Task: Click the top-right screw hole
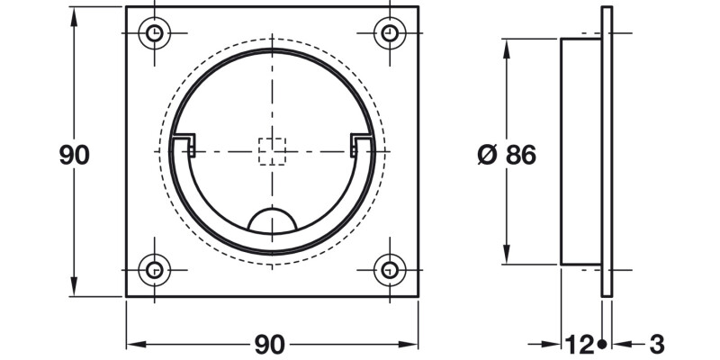pyautogui.click(x=389, y=34)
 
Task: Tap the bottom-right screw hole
pyautogui.click(x=389, y=268)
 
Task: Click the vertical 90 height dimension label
pyautogui.click(x=74, y=154)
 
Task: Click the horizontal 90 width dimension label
pyautogui.click(x=270, y=344)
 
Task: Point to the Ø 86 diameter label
pyautogui.click(x=507, y=155)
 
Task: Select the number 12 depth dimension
pyautogui.click(x=579, y=344)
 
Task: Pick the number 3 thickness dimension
pyautogui.click(x=656, y=344)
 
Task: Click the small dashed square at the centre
pyautogui.click(x=272, y=151)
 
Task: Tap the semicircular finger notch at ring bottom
pyautogui.click(x=272, y=222)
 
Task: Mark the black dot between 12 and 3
pyautogui.click(x=601, y=344)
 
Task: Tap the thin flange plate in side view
pyautogui.click(x=607, y=151)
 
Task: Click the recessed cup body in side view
pyautogui.click(x=581, y=151)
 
